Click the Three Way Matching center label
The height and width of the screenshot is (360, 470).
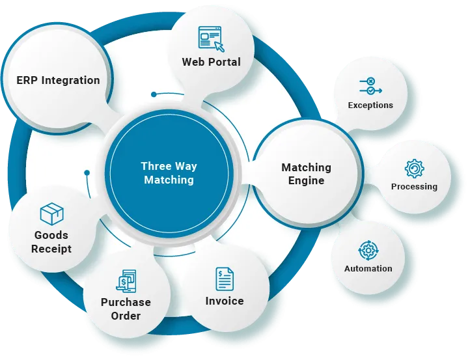[x=169, y=173]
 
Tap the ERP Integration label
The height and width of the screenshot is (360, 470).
[x=58, y=81]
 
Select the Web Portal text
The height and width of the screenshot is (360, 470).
[x=211, y=62]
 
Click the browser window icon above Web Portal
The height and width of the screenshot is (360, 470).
[x=210, y=38]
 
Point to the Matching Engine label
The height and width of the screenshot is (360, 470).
[x=306, y=174]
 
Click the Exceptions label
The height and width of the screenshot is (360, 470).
[x=370, y=105]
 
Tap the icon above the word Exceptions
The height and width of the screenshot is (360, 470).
[x=370, y=86]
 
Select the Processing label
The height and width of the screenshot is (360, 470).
[x=414, y=186]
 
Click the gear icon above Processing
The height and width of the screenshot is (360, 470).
[x=414, y=169]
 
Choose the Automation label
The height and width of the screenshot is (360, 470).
[x=368, y=268]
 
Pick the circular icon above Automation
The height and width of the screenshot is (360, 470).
[x=368, y=250]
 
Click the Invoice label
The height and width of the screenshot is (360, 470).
[x=225, y=301]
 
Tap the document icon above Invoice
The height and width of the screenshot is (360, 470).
[x=225, y=279]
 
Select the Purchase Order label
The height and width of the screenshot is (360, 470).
[x=126, y=309]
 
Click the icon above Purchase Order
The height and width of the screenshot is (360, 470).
[x=126, y=281]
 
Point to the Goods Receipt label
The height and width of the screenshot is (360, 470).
[x=51, y=242]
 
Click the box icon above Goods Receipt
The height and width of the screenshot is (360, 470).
[x=51, y=214]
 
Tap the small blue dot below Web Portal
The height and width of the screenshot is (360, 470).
[x=154, y=94]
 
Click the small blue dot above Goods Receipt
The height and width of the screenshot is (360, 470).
[x=87, y=173]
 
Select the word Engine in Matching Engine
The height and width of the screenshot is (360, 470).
[x=306, y=180]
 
